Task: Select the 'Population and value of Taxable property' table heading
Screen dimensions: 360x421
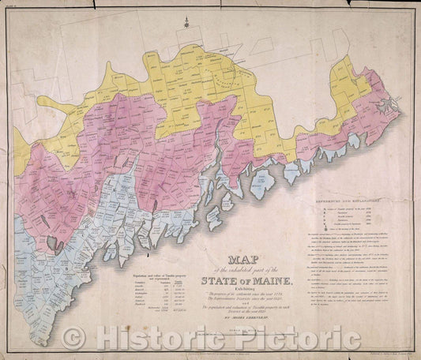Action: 148,272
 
